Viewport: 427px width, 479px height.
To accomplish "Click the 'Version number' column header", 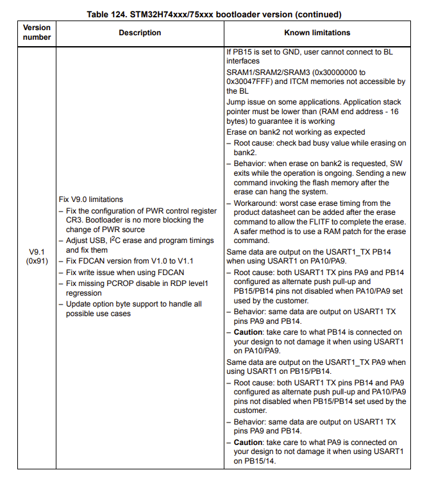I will pos(37,33).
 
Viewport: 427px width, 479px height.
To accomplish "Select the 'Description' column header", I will pos(140,33).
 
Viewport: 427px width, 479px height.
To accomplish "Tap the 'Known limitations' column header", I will pos(317,33).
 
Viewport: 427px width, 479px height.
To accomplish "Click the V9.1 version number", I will pos(37,252).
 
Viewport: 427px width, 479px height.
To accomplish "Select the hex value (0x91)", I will pos(37,262).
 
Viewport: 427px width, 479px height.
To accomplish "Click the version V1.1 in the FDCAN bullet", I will pos(183,262).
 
